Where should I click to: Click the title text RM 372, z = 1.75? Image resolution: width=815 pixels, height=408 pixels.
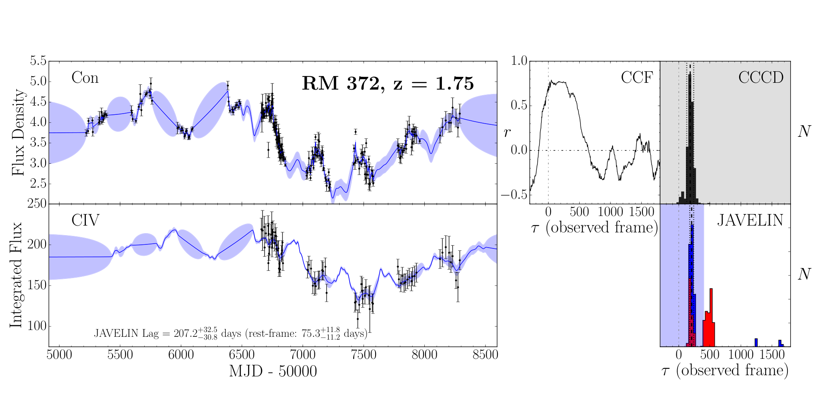click(x=388, y=84)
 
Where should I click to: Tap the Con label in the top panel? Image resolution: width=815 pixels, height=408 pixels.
click(x=85, y=78)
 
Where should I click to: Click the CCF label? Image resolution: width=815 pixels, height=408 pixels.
click(x=637, y=78)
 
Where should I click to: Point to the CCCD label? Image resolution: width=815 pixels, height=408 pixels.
click(x=761, y=78)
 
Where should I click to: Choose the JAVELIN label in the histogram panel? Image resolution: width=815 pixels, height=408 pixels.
click(x=750, y=220)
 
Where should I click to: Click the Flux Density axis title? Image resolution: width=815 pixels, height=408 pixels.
click(x=18, y=132)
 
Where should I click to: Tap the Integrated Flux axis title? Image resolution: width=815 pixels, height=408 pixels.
click(x=16, y=275)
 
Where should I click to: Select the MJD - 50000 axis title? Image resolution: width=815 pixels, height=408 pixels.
click(x=273, y=371)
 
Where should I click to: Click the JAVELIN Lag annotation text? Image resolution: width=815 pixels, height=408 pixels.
click(x=231, y=333)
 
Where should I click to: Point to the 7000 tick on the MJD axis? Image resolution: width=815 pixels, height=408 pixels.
click(x=303, y=355)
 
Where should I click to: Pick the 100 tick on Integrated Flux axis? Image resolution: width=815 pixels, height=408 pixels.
click(x=36, y=326)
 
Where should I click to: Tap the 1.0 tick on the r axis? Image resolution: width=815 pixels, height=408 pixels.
click(x=519, y=61)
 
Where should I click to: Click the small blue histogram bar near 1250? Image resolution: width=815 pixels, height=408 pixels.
click(x=756, y=342)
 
